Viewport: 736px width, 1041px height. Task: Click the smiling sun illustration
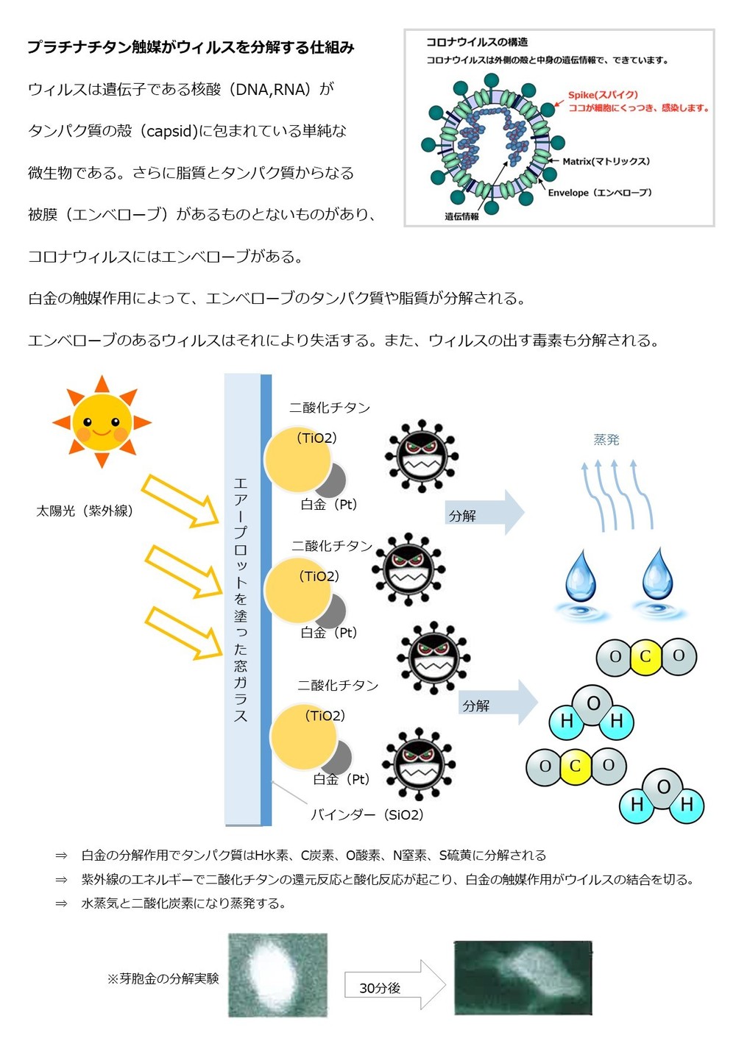(102, 422)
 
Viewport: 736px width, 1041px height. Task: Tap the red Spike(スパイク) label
(603, 95)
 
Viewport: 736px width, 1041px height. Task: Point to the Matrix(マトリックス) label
(606, 161)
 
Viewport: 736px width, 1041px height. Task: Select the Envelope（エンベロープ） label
(600, 193)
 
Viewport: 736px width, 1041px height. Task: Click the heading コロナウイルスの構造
(477, 42)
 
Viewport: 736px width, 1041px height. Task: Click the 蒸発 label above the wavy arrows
(606, 439)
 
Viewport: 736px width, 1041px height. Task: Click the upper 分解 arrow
(485, 512)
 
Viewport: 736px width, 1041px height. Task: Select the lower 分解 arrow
(498, 702)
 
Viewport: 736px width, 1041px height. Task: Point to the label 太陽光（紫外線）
(85, 511)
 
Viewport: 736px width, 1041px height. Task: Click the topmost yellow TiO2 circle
(297, 460)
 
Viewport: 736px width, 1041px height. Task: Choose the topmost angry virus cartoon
(422, 456)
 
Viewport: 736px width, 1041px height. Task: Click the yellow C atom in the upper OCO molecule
(645, 656)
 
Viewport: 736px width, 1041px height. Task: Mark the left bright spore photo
(277, 975)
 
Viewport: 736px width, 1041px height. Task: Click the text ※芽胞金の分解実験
(163, 978)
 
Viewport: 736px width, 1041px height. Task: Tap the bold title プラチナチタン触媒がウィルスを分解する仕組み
(191, 47)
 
